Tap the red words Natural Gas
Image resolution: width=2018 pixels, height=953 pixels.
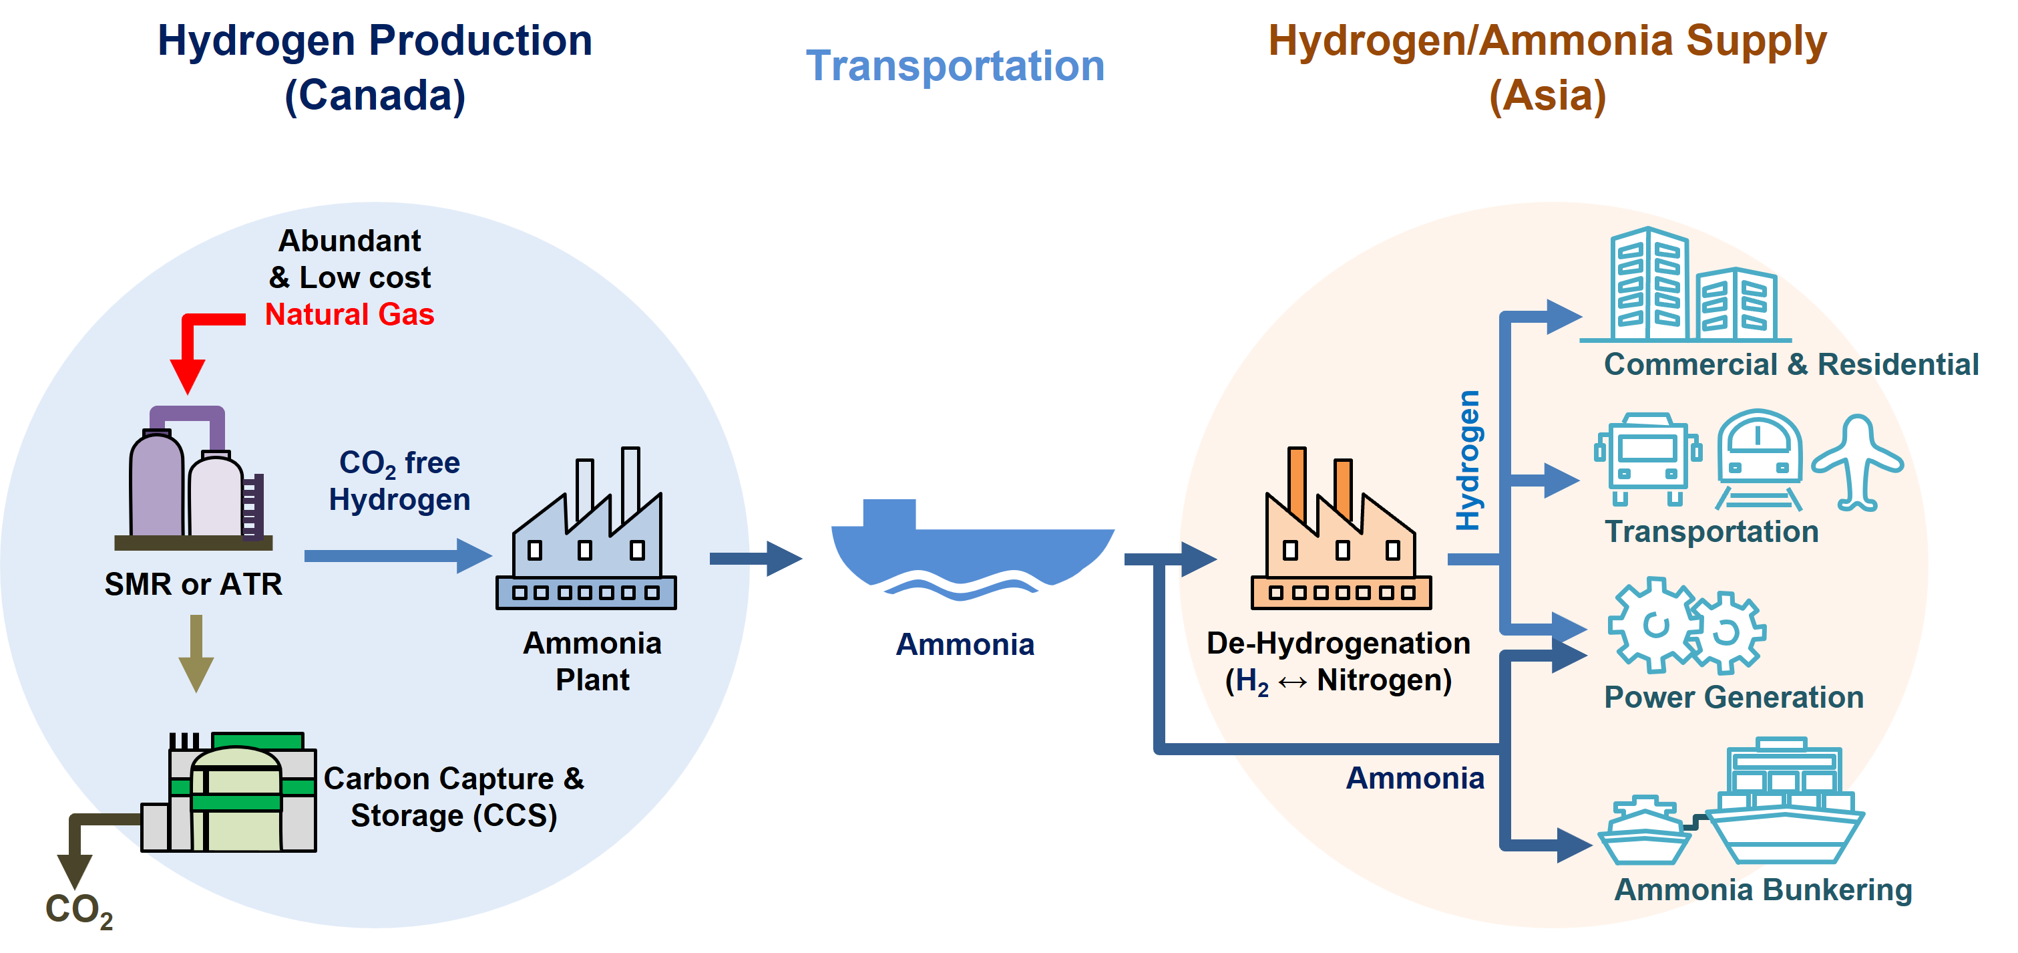[x=349, y=314]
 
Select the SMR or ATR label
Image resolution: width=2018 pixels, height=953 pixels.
[x=194, y=584]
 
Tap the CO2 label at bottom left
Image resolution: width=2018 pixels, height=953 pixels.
[x=79, y=911]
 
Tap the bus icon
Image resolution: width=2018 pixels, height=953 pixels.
[x=1647, y=458]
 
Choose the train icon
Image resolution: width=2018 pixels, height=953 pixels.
[x=1759, y=458]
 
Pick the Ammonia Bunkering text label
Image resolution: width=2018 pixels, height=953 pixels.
[x=1763, y=890]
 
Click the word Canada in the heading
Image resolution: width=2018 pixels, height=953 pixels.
[x=375, y=96]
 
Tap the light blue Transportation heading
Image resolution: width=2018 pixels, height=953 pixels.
[x=955, y=66]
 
